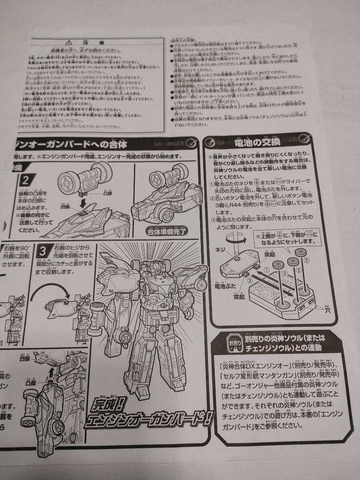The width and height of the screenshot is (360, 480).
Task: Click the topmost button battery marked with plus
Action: point(302,252)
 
